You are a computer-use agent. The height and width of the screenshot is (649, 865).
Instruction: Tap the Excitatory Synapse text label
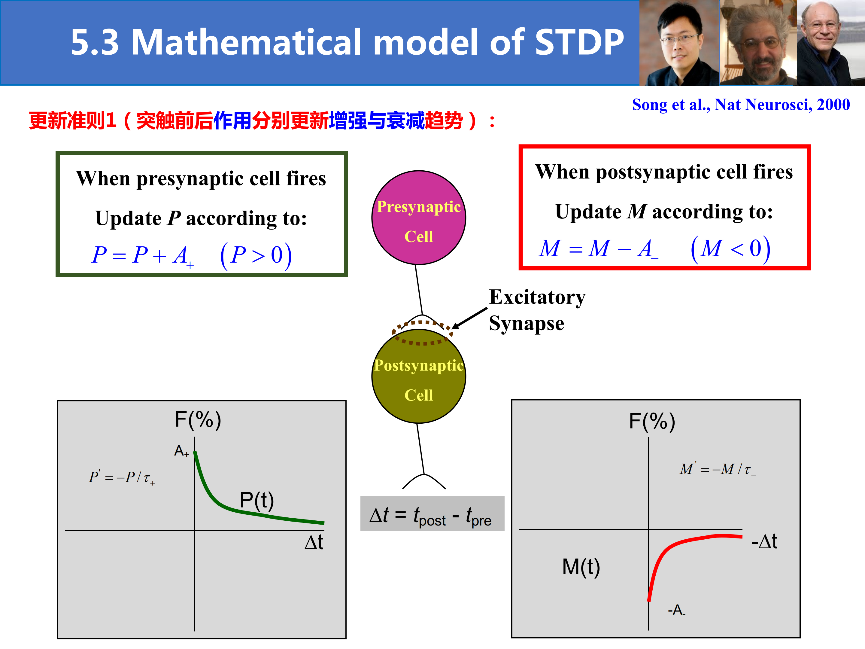pyautogui.click(x=537, y=310)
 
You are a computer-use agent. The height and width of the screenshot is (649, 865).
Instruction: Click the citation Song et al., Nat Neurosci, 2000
pyautogui.click(x=741, y=105)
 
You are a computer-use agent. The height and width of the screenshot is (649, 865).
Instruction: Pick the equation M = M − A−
pyautogui.click(x=598, y=249)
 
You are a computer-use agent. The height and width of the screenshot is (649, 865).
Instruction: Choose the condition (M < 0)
pyautogui.click(x=730, y=249)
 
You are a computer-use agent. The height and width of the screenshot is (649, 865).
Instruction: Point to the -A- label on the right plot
pyautogui.click(x=676, y=610)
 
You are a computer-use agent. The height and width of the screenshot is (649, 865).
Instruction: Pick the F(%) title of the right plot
pyautogui.click(x=652, y=422)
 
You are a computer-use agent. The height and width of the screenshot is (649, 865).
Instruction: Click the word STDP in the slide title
pyautogui.click(x=579, y=41)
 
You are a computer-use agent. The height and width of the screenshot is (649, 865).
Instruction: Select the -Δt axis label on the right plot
pyautogui.click(x=764, y=542)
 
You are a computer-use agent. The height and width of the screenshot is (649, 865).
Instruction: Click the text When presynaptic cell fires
pyautogui.click(x=201, y=178)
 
